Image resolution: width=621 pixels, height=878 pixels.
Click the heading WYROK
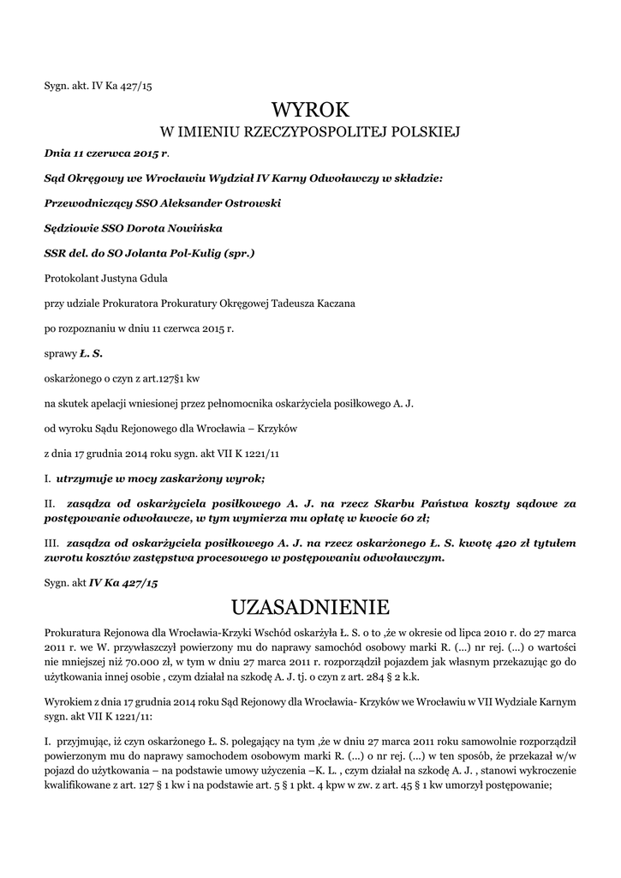click(311, 109)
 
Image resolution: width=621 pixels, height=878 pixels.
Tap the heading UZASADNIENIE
click(311, 607)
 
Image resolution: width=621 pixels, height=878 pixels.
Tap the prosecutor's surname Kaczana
click(321, 303)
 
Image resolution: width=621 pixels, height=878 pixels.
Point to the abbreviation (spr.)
click(239, 253)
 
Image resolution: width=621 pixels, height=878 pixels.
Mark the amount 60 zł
click(411, 518)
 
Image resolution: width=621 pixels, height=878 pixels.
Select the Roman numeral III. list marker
click(52, 543)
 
